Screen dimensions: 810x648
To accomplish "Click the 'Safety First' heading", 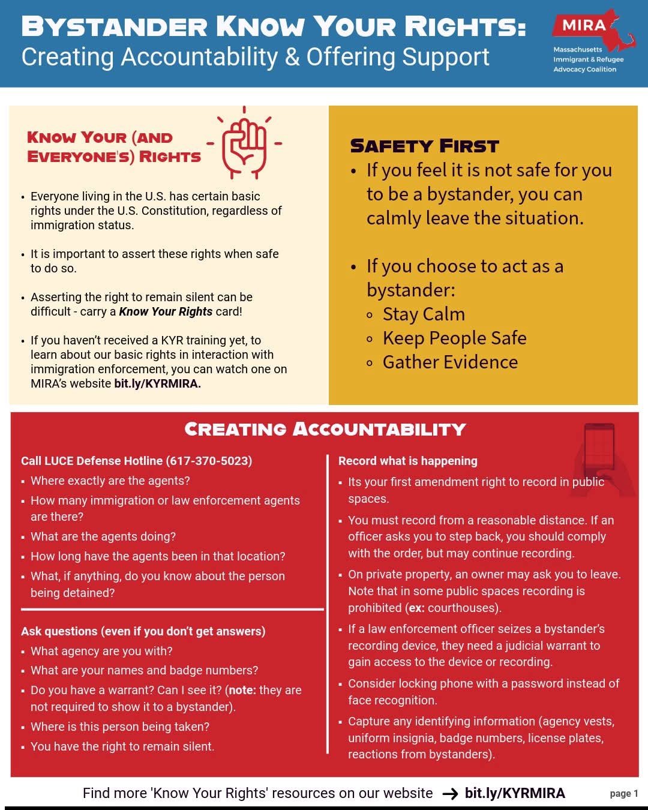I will click(x=424, y=146).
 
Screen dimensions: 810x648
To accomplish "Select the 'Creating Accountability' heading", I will click(x=325, y=429).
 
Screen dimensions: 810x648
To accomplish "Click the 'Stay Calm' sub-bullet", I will click(x=424, y=314).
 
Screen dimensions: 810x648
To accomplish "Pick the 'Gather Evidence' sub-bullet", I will click(x=450, y=362).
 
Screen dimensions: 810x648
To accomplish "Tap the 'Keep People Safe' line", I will click(x=454, y=338).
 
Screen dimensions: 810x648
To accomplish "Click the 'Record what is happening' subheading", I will click(x=408, y=461).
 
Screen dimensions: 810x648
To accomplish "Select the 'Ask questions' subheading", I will click(x=143, y=631).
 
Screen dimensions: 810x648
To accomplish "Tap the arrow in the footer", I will click(x=450, y=794).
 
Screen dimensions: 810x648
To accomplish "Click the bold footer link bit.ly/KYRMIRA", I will click(x=515, y=793).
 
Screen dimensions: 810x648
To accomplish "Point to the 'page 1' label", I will click(x=623, y=793).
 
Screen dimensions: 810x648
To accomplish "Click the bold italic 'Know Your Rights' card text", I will click(x=166, y=311).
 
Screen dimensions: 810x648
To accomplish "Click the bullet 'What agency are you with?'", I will click(x=101, y=651).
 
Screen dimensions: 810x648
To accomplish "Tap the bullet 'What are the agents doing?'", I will click(x=103, y=536).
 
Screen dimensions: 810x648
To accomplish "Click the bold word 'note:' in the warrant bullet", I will click(x=242, y=690).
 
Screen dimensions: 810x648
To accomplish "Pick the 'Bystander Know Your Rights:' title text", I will click(x=273, y=27).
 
